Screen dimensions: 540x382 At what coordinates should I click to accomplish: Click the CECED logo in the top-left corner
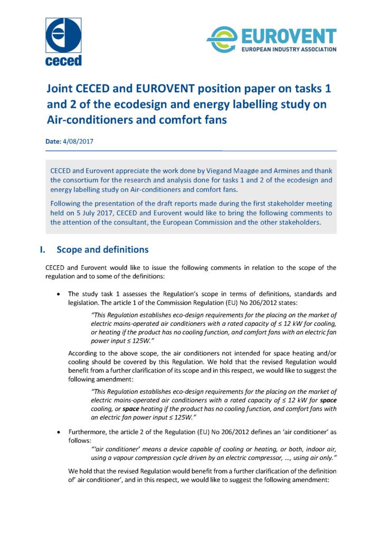coord(63,42)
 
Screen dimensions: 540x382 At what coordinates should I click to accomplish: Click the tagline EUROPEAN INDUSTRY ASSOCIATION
coord(288,50)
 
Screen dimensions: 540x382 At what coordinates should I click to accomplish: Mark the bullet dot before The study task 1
coord(58,293)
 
